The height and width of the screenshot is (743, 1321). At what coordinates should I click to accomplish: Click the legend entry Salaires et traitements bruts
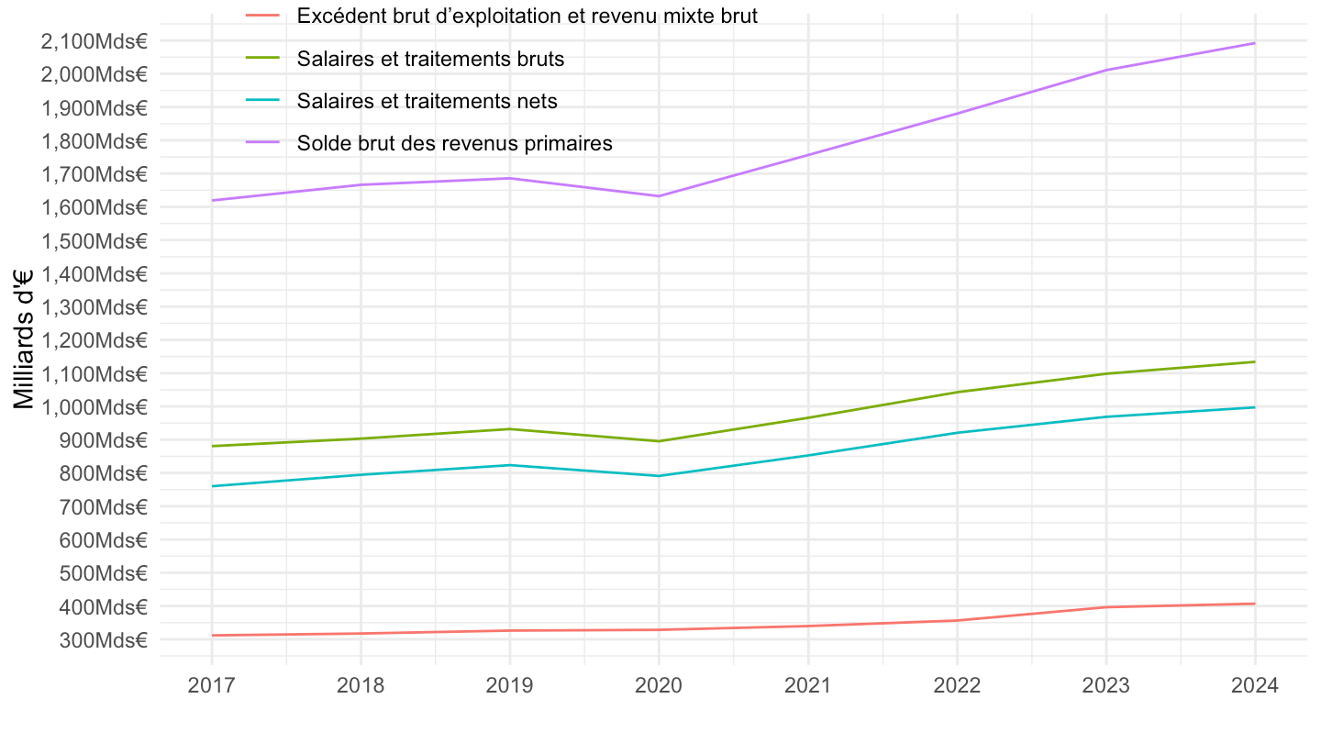pos(429,59)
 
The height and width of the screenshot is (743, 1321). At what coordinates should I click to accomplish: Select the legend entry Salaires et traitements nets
pos(427,101)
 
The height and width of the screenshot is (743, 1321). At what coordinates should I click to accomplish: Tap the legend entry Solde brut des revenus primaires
pos(454,143)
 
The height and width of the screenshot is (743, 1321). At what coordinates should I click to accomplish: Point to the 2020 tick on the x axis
pos(659,686)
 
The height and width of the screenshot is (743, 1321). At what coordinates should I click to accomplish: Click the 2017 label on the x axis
pos(211,686)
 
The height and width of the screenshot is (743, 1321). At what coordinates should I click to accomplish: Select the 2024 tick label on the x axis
pos(1255,686)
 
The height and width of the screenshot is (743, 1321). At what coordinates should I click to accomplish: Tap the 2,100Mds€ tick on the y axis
pos(94,40)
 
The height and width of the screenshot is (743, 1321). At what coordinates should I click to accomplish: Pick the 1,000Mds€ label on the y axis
pos(94,406)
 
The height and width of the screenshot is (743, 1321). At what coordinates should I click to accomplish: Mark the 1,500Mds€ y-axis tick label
pos(94,240)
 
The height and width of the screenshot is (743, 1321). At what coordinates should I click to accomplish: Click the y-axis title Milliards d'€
pos(25,339)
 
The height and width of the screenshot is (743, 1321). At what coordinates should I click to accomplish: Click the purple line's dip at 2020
pos(659,195)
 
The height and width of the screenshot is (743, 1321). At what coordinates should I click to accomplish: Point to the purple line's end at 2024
pos(1255,43)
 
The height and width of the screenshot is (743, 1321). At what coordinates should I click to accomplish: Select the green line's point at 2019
pos(509,429)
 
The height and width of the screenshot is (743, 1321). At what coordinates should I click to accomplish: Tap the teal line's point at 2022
pos(957,433)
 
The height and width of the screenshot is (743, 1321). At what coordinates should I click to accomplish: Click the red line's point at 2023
pos(1106,607)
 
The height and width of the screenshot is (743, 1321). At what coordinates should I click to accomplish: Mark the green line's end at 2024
pos(1255,361)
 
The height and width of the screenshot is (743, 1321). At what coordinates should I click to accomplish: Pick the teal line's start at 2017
pos(211,486)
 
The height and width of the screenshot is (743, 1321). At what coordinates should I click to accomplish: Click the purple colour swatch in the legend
pos(262,143)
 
